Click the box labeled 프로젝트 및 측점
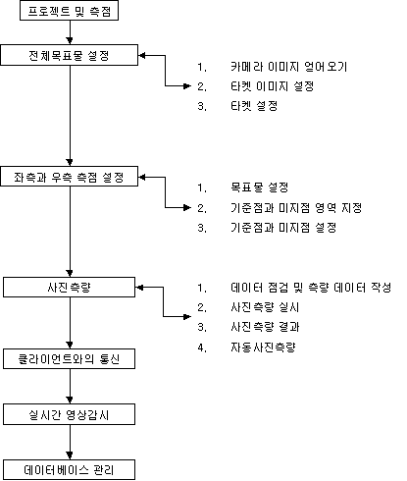[69, 11]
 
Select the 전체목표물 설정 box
[70, 55]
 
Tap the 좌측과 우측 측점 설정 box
[70, 177]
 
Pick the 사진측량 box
[69, 288]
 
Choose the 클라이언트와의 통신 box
[69, 359]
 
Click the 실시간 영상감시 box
[69, 414]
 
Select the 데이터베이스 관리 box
[69, 470]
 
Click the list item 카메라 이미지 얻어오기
[288, 67]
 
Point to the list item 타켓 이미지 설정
[273, 86]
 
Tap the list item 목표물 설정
[260, 187]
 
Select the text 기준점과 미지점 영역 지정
[296, 208]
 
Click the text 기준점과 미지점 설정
[283, 228]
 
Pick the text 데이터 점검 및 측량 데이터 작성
[311, 288]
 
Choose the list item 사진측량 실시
[265, 307]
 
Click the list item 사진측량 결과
[265, 327]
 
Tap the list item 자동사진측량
[263, 347]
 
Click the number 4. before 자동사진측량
[202, 347]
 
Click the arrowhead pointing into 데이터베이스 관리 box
[70, 455]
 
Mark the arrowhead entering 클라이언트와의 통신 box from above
[70, 345]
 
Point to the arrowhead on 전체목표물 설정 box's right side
[142, 55]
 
